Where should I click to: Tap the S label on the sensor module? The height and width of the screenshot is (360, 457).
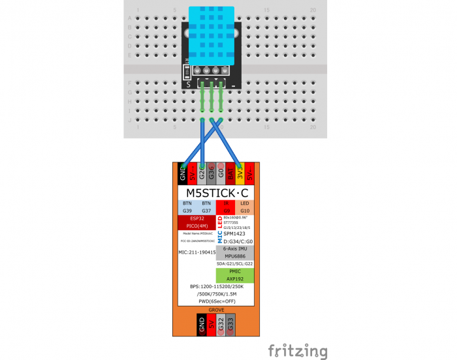click(189, 84)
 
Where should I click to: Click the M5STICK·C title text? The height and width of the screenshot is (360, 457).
click(217, 194)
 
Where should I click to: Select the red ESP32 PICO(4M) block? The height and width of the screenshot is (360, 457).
click(197, 222)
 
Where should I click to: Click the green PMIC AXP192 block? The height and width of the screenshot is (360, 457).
click(235, 274)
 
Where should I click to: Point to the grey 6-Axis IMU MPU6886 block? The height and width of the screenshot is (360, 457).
click(234, 252)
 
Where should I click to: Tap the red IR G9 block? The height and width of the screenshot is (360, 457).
click(227, 207)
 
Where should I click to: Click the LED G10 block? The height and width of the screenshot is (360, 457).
click(245, 207)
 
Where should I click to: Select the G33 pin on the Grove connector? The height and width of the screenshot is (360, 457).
click(231, 323)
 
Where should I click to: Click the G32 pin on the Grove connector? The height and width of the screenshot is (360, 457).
click(221, 323)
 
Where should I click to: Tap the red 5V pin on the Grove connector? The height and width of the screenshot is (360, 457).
click(212, 323)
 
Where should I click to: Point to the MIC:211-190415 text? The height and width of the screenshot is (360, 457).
click(197, 252)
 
